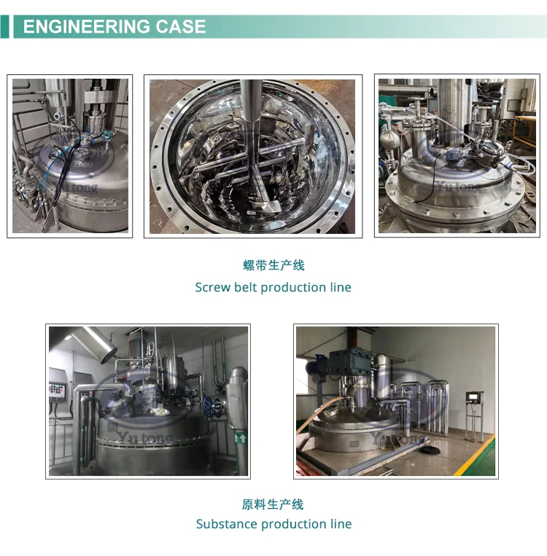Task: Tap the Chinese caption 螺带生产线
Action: pos(273,265)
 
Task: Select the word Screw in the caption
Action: pos(212,287)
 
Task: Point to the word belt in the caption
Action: pos(245,287)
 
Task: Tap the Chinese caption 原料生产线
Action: pos(273,504)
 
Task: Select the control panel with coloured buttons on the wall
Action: pos(58,393)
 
